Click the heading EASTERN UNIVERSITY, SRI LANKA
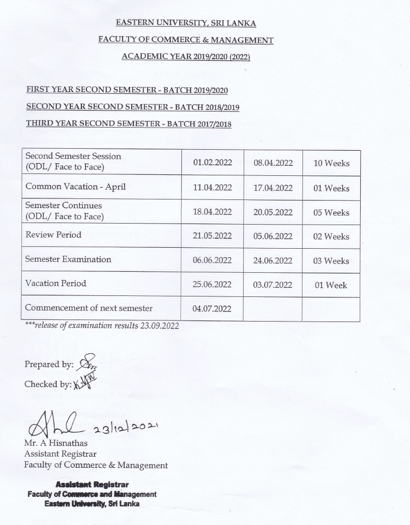click(186, 23)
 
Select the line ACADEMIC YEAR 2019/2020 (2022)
click(186, 56)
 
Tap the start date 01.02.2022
click(212, 163)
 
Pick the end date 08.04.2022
click(273, 163)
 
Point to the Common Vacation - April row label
click(75, 187)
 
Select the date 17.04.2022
click(273, 188)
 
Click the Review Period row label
click(53, 235)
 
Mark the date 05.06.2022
click(273, 237)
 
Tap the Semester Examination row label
click(68, 259)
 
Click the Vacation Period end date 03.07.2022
click(273, 285)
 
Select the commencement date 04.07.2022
click(212, 308)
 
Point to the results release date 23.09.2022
click(160, 326)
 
